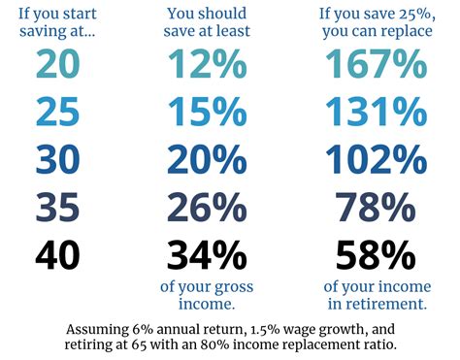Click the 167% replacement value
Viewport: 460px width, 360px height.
click(375, 64)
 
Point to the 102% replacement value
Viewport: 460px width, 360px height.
click(375, 159)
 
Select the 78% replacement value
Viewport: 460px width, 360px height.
click(375, 207)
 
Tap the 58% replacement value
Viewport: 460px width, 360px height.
click(375, 254)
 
